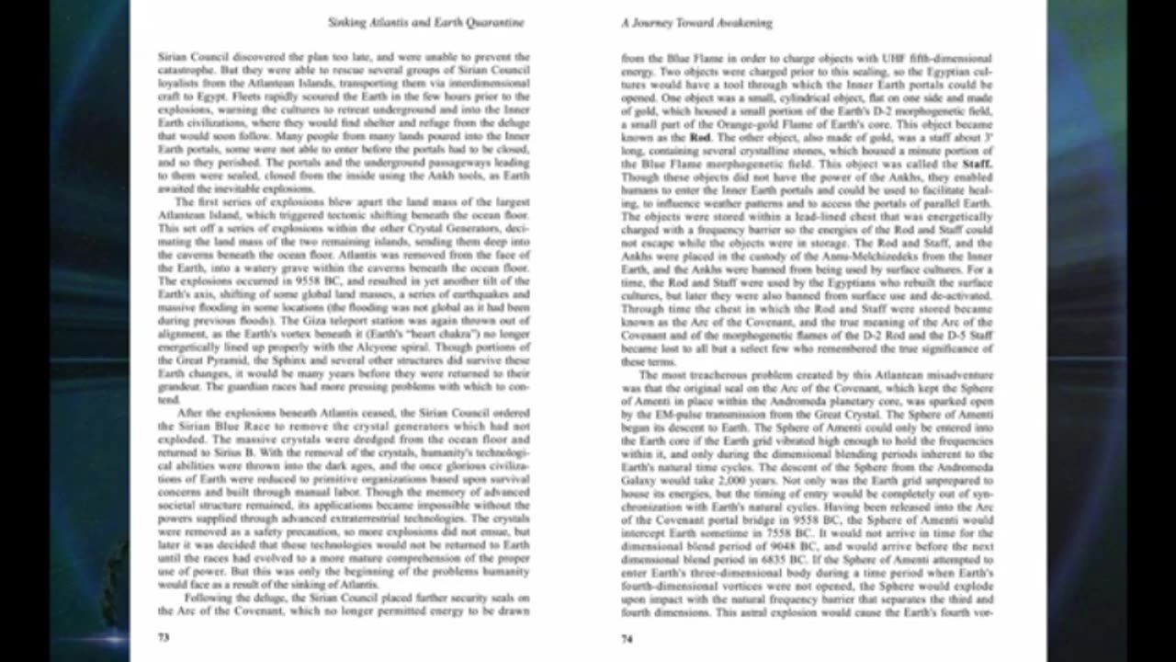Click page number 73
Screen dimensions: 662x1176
coord(164,636)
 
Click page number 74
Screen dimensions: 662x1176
coord(627,638)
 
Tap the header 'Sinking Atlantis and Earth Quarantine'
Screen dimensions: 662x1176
coord(426,22)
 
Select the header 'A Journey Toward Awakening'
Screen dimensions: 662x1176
coord(696,22)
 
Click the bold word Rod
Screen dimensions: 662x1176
coord(700,137)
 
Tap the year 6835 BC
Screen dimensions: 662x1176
coord(798,558)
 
